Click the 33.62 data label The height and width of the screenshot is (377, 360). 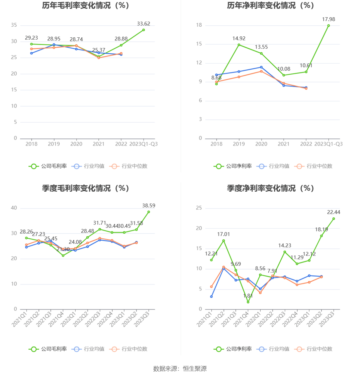pyautogui.click(x=144, y=24)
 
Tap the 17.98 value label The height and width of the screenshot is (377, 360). pyautogui.click(x=328, y=19)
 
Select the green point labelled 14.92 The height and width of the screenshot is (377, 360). pyautogui.click(x=239, y=45)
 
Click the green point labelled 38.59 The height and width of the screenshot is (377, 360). pyautogui.click(x=149, y=212)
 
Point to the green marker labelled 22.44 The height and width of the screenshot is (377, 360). pyautogui.click(x=334, y=219)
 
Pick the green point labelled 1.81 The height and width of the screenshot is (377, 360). pyautogui.click(x=248, y=302)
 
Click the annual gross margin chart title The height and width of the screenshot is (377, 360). pyautogui.click(x=86, y=5)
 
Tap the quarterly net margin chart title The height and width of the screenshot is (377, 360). pyautogui.click(x=270, y=188)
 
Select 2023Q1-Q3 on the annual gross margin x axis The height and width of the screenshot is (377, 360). pyautogui.click(x=144, y=144)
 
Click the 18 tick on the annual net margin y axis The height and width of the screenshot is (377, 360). pyautogui.click(x=199, y=25)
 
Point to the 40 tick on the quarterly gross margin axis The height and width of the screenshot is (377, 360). pyautogui.click(x=14, y=208)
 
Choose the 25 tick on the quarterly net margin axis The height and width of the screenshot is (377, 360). pyautogui.click(x=199, y=208)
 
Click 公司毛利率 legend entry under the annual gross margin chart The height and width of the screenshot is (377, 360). pyautogui.click(x=48, y=166)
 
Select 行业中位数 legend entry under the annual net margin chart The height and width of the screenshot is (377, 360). pyautogui.click(x=314, y=166)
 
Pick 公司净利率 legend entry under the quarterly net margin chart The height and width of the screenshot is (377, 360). pyautogui.click(x=233, y=349)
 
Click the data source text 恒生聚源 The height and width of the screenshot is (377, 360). pyautogui.click(x=195, y=369)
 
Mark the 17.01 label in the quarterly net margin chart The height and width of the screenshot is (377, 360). pyautogui.click(x=223, y=234)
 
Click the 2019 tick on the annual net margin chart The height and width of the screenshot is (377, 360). pyautogui.click(x=239, y=144)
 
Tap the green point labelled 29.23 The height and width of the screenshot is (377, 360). pyautogui.click(x=31, y=44)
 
